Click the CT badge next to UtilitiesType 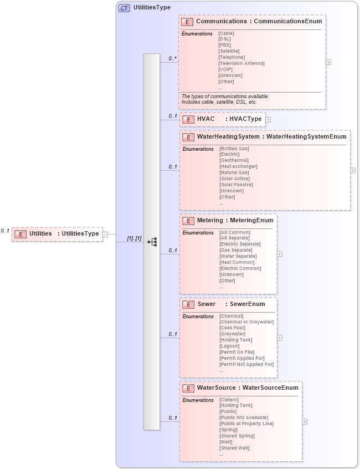[x=125, y=8]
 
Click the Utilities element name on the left [x=40, y=233]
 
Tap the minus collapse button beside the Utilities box [x=105, y=234]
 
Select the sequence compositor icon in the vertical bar [x=152, y=242]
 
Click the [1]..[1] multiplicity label [x=134, y=238]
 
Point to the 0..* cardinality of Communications [x=173, y=58]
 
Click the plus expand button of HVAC [x=268, y=119]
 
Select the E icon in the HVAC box [x=188, y=119]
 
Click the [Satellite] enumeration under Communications [x=229, y=51]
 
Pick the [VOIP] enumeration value [x=225, y=69]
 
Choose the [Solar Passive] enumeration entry [x=236, y=185]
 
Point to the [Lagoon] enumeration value [x=229, y=346]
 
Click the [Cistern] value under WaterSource [x=229, y=399]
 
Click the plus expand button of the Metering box [x=280, y=254]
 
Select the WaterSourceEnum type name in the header [x=270, y=388]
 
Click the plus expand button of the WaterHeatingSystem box [x=353, y=170]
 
